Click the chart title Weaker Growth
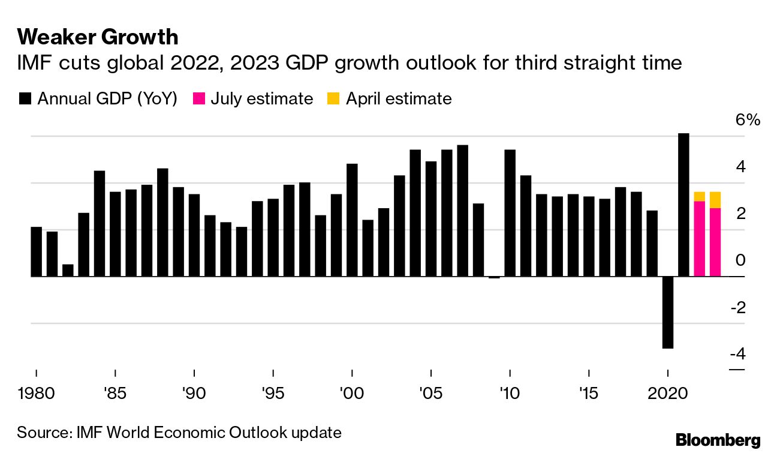pyautogui.click(x=98, y=37)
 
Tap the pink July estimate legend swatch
pyautogui.click(x=198, y=99)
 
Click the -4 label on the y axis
pyautogui.click(x=737, y=354)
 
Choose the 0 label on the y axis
pyautogui.click(x=740, y=260)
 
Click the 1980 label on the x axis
pyautogui.click(x=37, y=394)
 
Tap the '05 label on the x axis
pyautogui.click(x=430, y=394)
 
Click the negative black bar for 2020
pyautogui.click(x=667, y=312)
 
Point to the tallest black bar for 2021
pyautogui.click(x=683, y=204)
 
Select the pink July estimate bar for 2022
pyautogui.click(x=699, y=239)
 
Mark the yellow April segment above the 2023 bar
pyautogui.click(x=715, y=200)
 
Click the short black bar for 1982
pyautogui.click(x=68, y=271)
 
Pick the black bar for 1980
pyautogui.click(x=37, y=252)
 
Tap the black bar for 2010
pyautogui.click(x=510, y=213)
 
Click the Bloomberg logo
pyautogui.click(x=718, y=440)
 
